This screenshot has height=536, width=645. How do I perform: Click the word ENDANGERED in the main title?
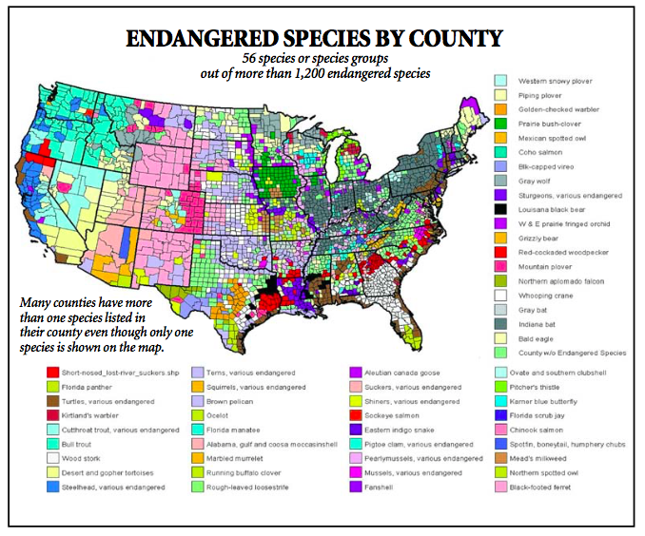coord(204,39)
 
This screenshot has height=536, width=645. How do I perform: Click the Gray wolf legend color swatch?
coord(499,181)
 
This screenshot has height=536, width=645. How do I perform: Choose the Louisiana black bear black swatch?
coord(499,209)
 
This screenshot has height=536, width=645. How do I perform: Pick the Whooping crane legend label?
coord(544,295)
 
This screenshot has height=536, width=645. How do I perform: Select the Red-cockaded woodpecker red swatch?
coord(499,252)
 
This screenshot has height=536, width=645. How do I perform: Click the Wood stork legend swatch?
coord(53,458)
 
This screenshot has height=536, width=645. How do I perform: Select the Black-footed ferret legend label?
coord(551,487)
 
